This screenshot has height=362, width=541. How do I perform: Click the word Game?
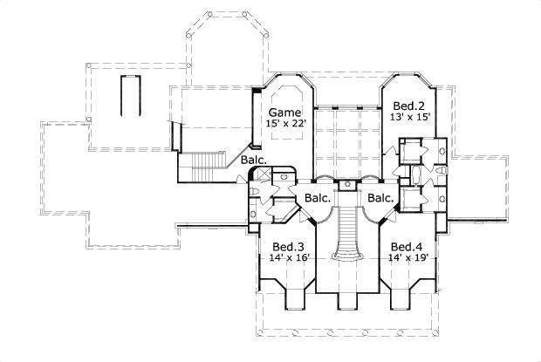(284, 113)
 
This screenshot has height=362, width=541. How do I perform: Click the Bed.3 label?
(287, 246)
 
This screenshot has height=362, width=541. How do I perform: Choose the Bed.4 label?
(407, 246)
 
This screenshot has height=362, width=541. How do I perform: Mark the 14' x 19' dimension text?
(407, 257)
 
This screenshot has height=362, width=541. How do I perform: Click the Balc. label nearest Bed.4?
(380, 198)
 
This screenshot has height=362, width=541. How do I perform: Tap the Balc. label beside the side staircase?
(254, 161)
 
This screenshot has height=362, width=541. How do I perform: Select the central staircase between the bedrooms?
(348, 231)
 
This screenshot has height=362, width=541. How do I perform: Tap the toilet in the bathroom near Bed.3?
(254, 192)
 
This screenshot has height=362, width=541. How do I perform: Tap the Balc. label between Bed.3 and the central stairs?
(318, 198)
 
